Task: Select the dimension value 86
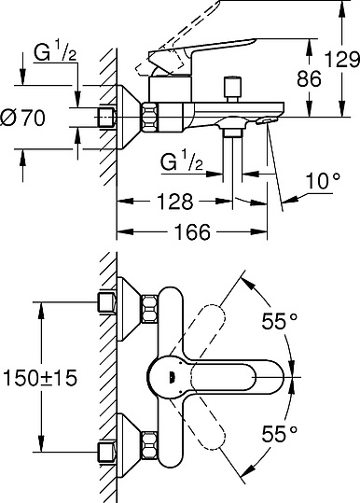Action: click(309, 78)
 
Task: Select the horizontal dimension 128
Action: click(174, 201)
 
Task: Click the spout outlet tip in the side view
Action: click(270, 119)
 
